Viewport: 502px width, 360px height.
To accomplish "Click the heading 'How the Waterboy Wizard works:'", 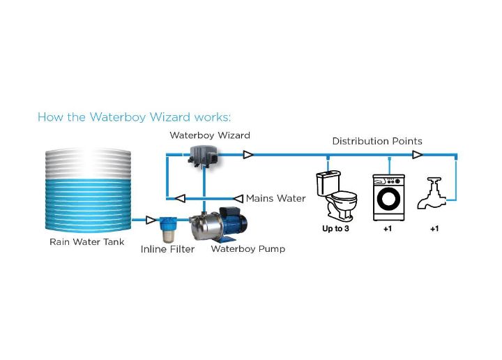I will point(134,117).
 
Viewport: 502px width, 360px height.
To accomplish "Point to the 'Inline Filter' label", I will point(167,249).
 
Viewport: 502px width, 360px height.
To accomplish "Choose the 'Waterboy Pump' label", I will point(248,248).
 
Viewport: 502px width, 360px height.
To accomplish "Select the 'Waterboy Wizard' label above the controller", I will point(209,135).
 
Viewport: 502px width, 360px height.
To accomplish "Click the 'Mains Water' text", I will point(275,198).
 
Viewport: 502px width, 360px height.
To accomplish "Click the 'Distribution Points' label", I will point(376,141).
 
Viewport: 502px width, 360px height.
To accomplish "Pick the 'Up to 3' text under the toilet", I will point(335,229).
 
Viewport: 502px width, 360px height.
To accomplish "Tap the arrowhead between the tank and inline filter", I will point(151,220).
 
